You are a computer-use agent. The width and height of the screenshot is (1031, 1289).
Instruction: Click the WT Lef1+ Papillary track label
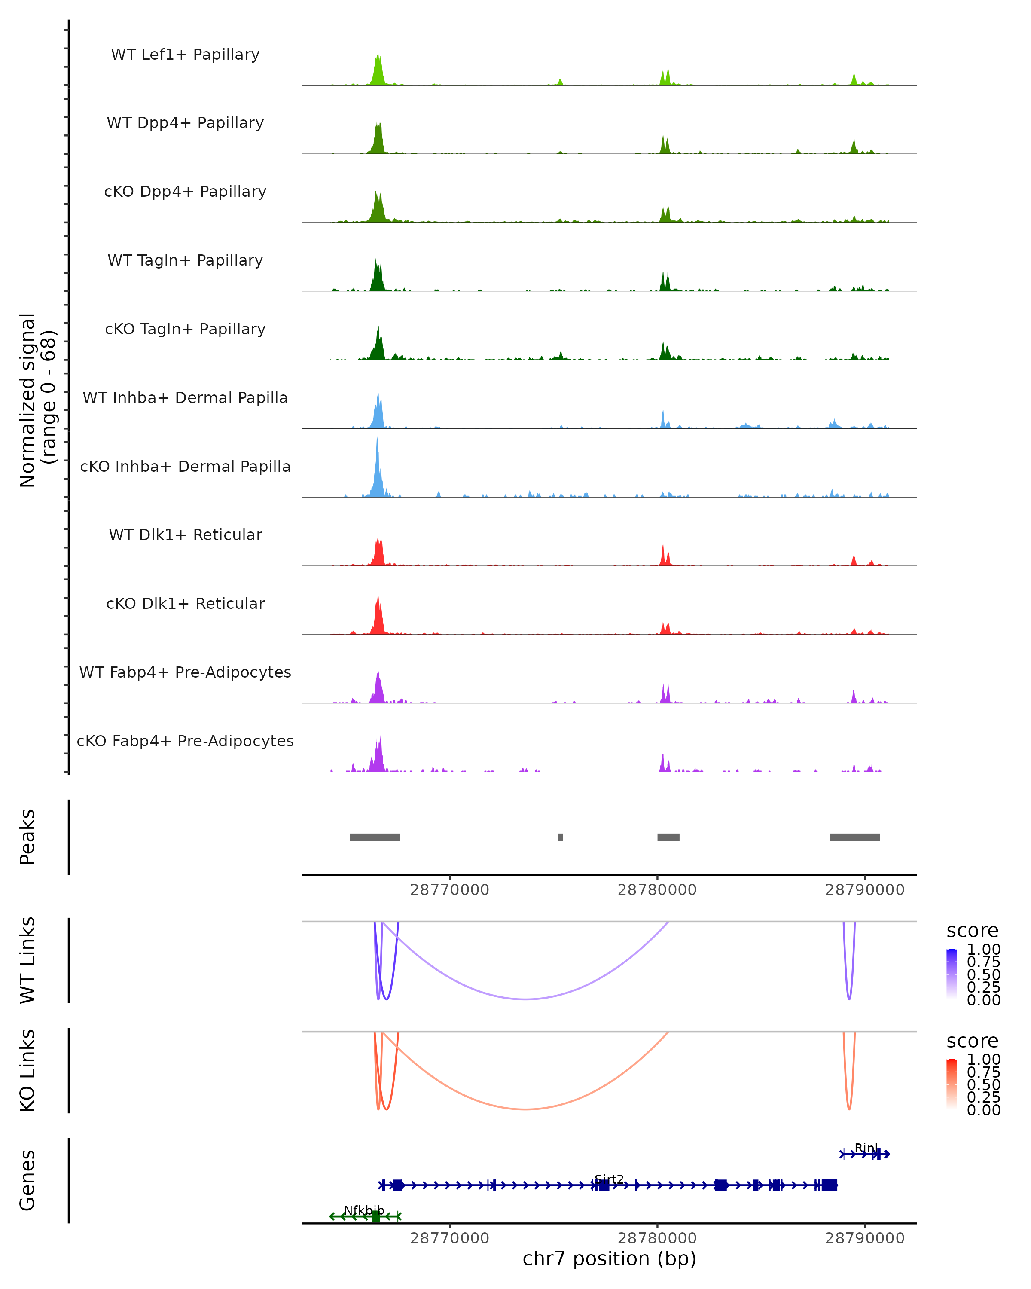pyautogui.click(x=185, y=55)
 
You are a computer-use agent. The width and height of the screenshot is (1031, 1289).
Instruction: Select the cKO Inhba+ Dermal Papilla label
pyautogui.click(x=185, y=466)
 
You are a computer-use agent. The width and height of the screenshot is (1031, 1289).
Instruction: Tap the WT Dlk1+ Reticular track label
pyautogui.click(x=185, y=535)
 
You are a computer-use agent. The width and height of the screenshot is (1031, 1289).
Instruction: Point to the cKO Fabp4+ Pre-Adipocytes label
pyautogui.click(x=185, y=741)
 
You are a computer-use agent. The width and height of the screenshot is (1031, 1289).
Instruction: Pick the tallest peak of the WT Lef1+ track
pyautogui.click(x=378, y=58)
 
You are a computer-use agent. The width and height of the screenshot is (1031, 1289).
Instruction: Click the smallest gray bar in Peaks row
pyautogui.click(x=561, y=837)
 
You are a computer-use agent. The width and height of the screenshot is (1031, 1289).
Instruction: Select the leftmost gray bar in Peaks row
pyautogui.click(x=374, y=837)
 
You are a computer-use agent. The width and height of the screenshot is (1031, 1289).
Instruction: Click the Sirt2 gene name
pyautogui.click(x=609, y=1179)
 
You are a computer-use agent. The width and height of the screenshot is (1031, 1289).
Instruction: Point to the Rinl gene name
pyautogui.click(x=866, y=1148)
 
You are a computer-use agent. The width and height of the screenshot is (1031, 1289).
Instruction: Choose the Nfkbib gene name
pyautogui.click(x=363, y=1210)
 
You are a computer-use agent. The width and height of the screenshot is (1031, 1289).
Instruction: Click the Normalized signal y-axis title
pyautogui.click(x=37, y=400)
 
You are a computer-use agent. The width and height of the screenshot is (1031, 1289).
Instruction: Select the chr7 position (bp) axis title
pyautogui.click(x=609, y=1258)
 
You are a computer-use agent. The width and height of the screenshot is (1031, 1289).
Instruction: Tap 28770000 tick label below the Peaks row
pyautogui.click(x=449, y=890)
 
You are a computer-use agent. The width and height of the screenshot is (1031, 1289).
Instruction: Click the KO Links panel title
pyautogui.click(x=27, y=1070)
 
